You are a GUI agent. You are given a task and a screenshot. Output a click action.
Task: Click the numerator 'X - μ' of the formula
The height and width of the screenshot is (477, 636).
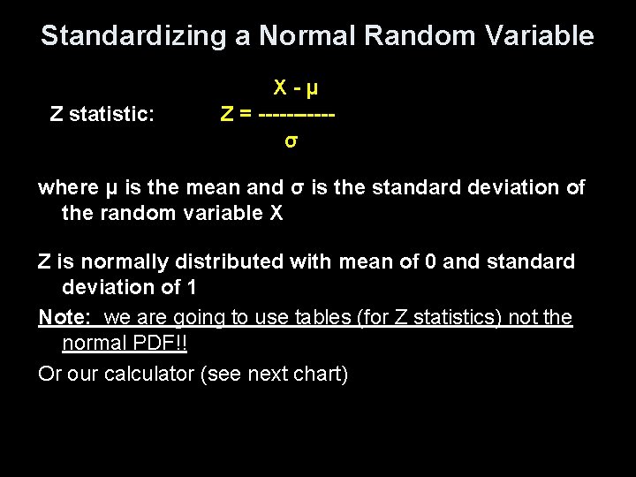(296, 88)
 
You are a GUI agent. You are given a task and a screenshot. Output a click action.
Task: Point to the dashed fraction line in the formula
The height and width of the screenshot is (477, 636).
(300, 114)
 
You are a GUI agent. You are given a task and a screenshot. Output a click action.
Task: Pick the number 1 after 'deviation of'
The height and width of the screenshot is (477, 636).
(192, 287)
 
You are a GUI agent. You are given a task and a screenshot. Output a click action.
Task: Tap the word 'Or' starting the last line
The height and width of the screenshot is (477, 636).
(50, 375)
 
